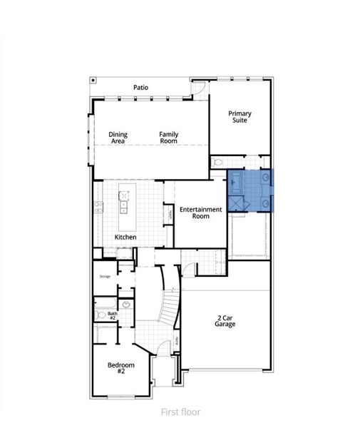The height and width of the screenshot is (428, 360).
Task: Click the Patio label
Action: coord(141,88)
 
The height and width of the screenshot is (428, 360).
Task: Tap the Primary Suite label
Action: coord(240,117)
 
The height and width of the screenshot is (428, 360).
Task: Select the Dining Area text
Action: coord(118,138)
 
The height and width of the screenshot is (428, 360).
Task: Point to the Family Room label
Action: coord(168,138)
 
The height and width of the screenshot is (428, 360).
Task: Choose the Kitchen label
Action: coord(125,237)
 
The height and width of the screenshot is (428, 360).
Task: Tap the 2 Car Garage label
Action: coord(225,320)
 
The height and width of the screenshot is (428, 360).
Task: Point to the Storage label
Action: coord(104,275)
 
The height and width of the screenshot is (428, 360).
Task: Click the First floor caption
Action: coord(180,412)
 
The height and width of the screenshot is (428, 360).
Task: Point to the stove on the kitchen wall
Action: coord(98,207)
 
